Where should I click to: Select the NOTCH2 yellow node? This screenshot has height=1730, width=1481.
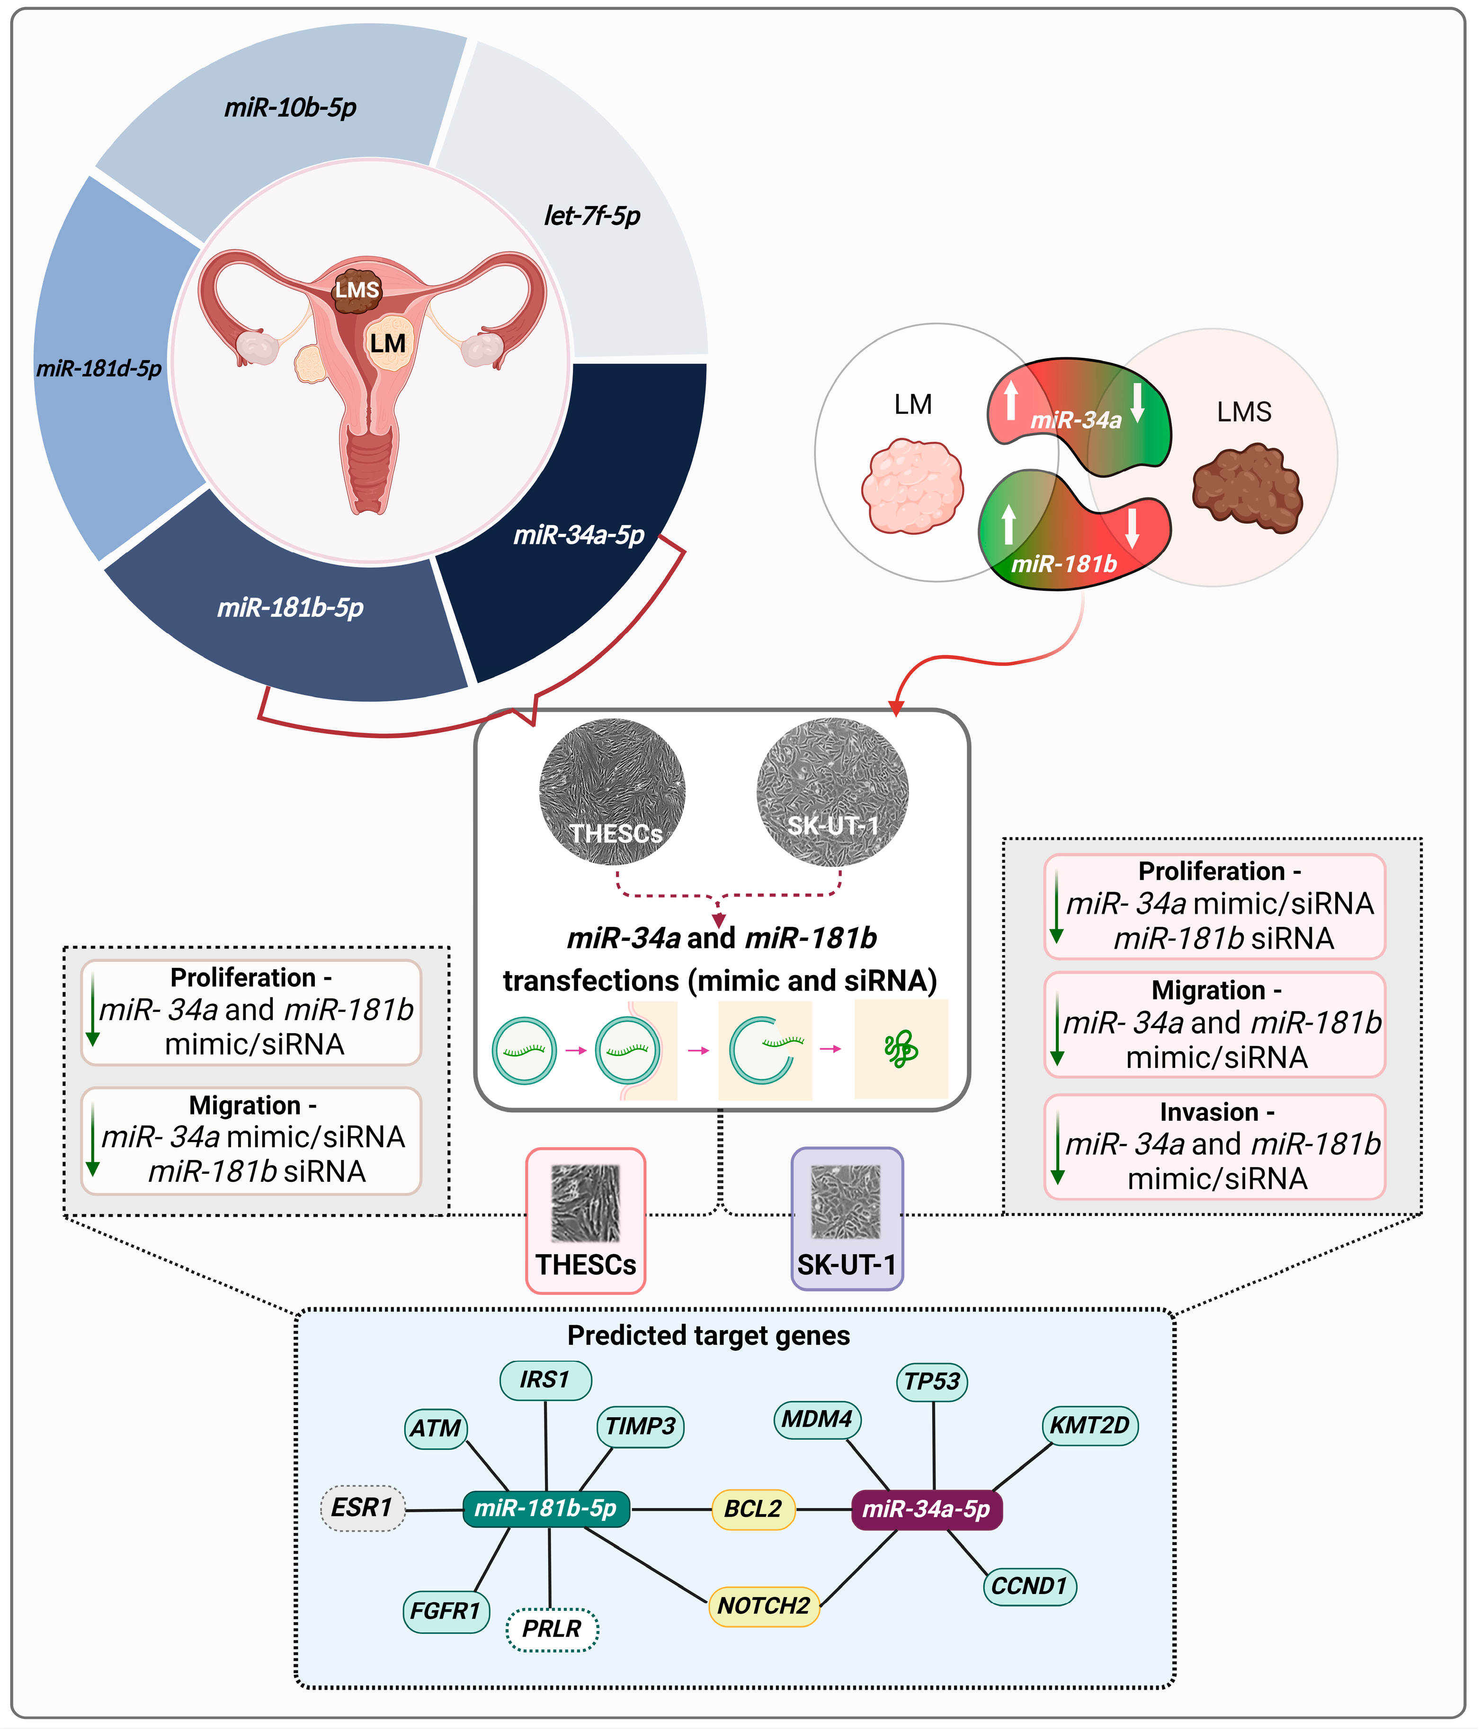pyautogui.click(x=764, y=1606)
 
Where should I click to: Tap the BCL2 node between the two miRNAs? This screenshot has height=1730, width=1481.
pyautogui.click(x=753, y=1509)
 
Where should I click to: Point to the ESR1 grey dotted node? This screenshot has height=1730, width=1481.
pyautogui.click(x=362, y=1508)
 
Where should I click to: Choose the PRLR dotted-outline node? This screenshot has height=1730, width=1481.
pyautogui.click(x=552, y=1629)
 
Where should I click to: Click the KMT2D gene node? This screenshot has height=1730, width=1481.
pyautogui.click(x=1089, y=1425)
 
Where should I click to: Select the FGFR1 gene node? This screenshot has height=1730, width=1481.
pyautogui.click(x=445, y=1611)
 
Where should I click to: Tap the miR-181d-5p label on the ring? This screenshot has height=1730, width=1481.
pyautogui.click(x=98, y=368)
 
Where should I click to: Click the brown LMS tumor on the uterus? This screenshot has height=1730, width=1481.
pyautogui.click(x=357, y=290)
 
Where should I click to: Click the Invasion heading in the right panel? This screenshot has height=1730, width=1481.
pyautogui.click(x=1216, y=1112)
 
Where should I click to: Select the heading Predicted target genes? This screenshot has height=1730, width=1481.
pyautogui.click(x=708, y=1336)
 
